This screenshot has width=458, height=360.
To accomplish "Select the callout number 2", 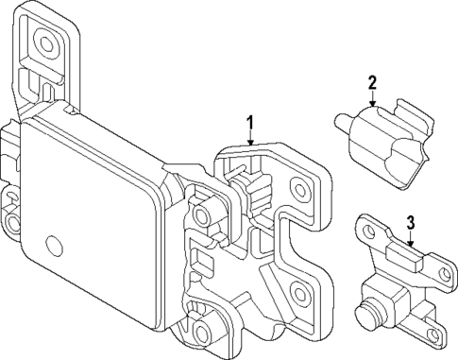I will click(x=373, y=82).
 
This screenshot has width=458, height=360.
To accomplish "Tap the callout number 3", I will click(x=411, y=223).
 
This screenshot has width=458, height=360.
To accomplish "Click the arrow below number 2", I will click(x=373, y=97).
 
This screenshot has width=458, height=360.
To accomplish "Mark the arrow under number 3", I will click(x=411, y=239).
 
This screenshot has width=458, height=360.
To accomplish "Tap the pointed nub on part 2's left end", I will click(x=339, y=120).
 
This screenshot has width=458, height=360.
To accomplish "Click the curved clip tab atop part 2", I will click(x=413, y=115).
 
